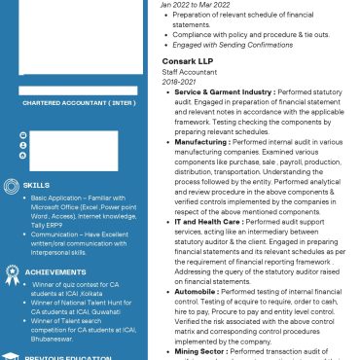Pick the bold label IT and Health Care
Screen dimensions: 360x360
pos(208,222)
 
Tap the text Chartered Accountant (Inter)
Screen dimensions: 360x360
pos(79,102)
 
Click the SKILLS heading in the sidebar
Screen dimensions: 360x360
pos(37,184)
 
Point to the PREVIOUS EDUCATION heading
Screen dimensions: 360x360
pos(64,357)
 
